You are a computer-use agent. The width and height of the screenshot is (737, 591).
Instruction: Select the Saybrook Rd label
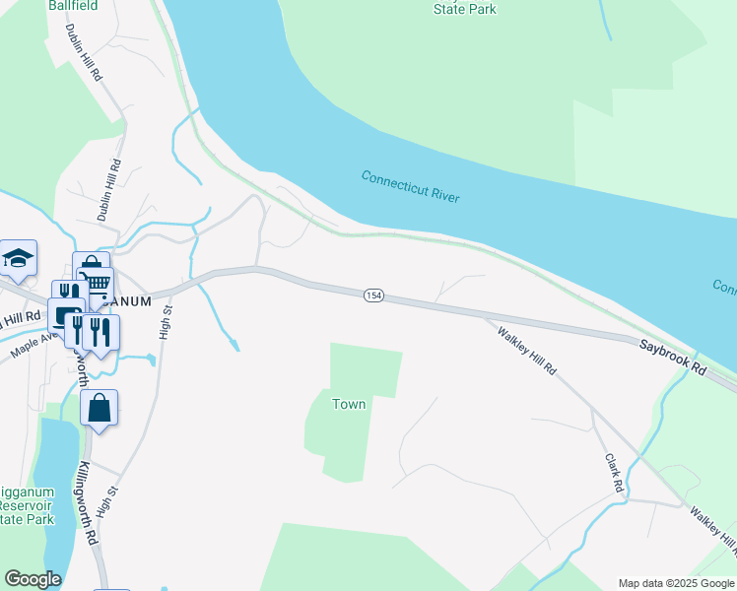(x=673, y=356)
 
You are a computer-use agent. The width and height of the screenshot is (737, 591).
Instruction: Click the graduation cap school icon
(x=18, y=257)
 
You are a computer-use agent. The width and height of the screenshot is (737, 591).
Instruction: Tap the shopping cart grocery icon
(x=97, y=284)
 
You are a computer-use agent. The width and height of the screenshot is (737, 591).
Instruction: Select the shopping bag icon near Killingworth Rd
(x=99, y=407)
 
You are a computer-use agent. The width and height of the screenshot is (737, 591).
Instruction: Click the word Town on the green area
(x=349, y=404)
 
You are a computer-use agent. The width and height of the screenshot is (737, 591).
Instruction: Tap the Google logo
(x=33, y=579)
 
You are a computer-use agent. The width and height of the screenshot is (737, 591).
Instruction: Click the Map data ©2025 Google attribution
(x=677, y=583)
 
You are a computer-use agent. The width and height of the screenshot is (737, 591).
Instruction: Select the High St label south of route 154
(x=166, y=322)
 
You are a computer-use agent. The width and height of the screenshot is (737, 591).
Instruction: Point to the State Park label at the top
(x=464, y=10)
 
